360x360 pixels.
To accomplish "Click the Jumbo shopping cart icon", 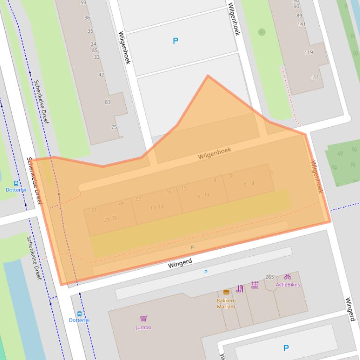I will tap(144, 319).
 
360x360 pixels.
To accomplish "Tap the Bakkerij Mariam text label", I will tap(226, 303).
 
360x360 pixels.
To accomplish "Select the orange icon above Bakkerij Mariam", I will tap(226, 292).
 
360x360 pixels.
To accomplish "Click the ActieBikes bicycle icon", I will tap(288, 277).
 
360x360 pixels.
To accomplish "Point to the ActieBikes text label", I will tap(288, 284).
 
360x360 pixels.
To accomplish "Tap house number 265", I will tap(270, 277).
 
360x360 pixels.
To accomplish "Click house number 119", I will tap(309, 52).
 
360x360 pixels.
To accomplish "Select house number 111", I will tap(315, 77).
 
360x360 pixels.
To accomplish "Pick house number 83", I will tap(108, 102).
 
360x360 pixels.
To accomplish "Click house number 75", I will tap(114, 127).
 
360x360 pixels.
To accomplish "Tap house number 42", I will tap(101, 75).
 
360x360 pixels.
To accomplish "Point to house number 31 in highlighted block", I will tap(94, 210).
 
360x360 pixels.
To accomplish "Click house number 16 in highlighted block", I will tap(168, 191).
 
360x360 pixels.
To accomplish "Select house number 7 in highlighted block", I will tap(231, 176).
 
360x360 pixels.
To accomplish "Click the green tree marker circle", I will tap(262, 32).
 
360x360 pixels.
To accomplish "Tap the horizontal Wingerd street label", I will tap(180, 264).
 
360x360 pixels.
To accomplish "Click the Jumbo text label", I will tap(144, 327).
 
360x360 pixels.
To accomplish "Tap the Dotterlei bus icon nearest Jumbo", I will tap(79, 314).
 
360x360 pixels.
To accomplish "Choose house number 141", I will tap(302, 24).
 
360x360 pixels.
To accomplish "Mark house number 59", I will tap(83, 3).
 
